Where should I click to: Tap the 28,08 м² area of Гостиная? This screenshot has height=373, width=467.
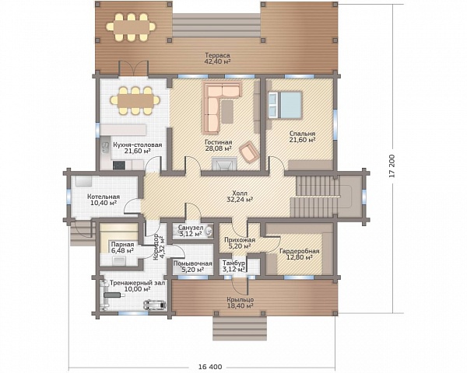pyautogui.click(x=219, y=148)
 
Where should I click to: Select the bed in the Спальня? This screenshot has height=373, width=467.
pyautogui.click(x=285, y=105)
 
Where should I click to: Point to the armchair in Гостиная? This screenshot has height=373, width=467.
pyautogui.click(x=249, y=152)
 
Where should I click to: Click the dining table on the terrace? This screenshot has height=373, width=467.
pyautogui.click(x=131, y=27)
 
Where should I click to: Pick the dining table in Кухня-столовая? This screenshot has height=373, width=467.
pyautogui.click(x=135, y=101)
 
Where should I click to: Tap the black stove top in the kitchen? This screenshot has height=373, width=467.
pyautogui.click(x=119, y=165)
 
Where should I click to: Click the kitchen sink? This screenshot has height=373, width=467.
pyautogui.click(x=105, y=147)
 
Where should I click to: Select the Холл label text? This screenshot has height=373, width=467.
pyautogui.click(x=240, y=193)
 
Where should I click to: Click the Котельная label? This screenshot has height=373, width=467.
pyautogui.click(x=104, y=197)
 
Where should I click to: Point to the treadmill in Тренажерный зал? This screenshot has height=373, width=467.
pyautogui.click(x=155, y=305)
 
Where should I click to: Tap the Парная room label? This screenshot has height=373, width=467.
pyautogui.click(x=122, y=245)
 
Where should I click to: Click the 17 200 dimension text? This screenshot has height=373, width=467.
pyautogui.click(x=392, y=166)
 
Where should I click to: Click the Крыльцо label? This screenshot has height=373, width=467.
pyautogui.click(x=240, y=300)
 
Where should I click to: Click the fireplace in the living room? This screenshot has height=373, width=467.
pyautogui.click(x=224, y=164)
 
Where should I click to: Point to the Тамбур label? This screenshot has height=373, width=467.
pyautogui.click(x=233, y=263)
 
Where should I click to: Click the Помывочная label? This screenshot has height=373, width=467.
pyautogui.click(x=193, y=263)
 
